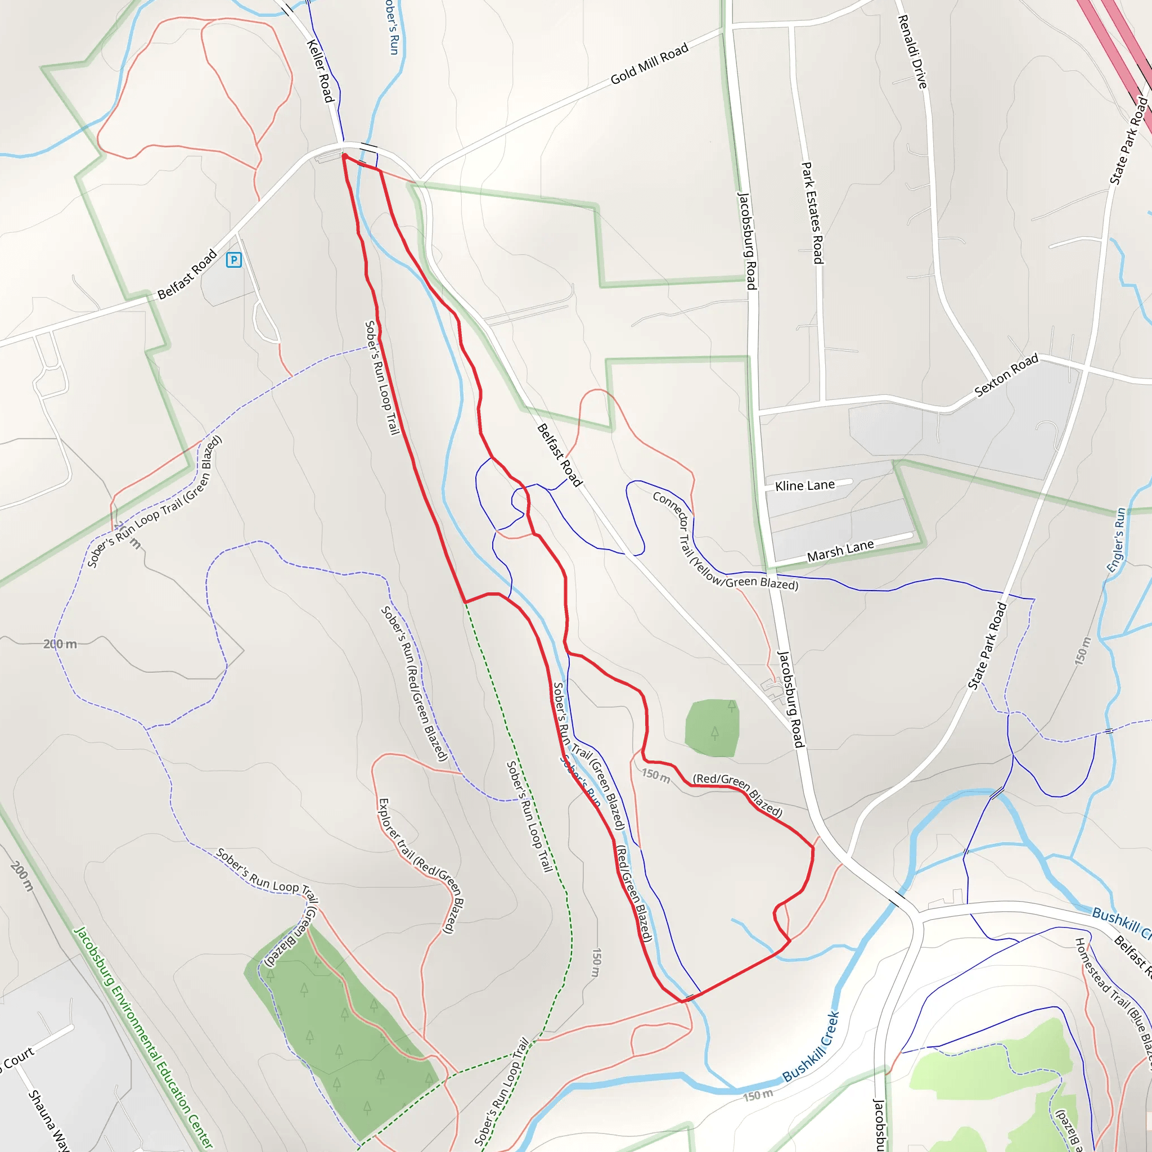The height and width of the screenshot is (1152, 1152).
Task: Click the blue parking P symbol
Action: (x=234, y=260)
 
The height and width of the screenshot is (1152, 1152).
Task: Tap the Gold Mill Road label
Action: (x=649, y=64)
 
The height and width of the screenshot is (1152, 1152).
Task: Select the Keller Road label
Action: (x=319, y=71)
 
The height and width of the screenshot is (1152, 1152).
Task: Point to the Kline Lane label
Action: (x=804, y=486)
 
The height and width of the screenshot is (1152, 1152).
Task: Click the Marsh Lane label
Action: (x=840, y=551)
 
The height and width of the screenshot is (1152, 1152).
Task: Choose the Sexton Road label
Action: (x=1006, y=375)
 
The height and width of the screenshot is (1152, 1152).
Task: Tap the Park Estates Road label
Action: (x=812, y=213)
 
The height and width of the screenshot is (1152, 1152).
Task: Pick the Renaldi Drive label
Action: (x=912, y=52)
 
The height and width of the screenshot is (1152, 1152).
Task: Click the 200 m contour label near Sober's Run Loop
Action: (x=60, y=644)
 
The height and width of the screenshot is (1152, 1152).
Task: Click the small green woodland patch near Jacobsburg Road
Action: (x=712, y=728)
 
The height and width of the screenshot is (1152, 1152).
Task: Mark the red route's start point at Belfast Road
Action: (x=345, y=156)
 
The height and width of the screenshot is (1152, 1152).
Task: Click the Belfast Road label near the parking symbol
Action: (x=187, y=275)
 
